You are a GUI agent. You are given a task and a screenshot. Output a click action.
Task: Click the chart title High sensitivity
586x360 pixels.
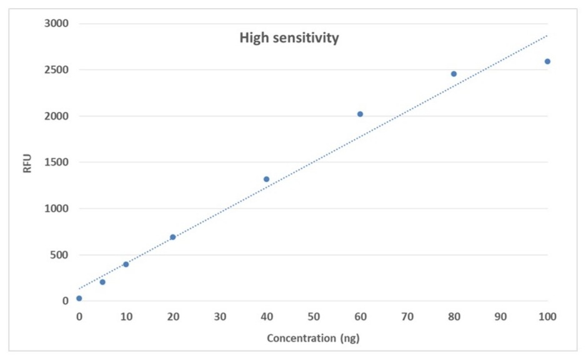(289, 38)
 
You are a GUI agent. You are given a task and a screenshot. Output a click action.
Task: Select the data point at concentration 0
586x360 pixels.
(79, 298)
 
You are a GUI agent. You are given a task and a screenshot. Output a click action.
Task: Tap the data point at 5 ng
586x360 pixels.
(102, 282)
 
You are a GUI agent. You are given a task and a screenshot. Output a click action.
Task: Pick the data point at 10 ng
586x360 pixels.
(126, 264)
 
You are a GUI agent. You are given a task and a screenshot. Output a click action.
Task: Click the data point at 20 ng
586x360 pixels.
(172, 237)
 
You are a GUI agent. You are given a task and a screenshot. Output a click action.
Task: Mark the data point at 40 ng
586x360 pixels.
(266, 179)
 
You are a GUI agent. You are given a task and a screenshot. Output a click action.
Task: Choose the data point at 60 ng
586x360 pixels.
(360, 114)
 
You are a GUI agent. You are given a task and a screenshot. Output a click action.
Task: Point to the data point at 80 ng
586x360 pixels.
(454, 74)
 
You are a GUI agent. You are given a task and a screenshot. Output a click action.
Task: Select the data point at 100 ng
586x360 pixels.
(547, 61)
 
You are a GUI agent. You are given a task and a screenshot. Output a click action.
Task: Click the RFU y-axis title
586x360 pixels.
(27, 162)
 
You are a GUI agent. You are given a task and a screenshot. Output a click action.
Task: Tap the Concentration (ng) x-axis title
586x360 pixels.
(313, 339)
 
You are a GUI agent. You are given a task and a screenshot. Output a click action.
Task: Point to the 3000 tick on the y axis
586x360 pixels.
(56, 24)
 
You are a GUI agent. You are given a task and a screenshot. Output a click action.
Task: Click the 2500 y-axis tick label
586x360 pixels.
(56, 70)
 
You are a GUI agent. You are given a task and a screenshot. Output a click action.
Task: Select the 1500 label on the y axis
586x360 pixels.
(56, 162)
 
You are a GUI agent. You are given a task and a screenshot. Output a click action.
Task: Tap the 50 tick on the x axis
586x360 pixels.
(313, 317)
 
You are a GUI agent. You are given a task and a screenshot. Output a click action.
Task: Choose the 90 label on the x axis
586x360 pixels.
(500, 317)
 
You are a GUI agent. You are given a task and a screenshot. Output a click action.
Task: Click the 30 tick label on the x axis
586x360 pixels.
(219, 317)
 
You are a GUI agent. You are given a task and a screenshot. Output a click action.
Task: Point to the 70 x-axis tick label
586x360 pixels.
(407, 317)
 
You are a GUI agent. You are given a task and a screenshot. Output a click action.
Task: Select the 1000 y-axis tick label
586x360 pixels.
(56, 209)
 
